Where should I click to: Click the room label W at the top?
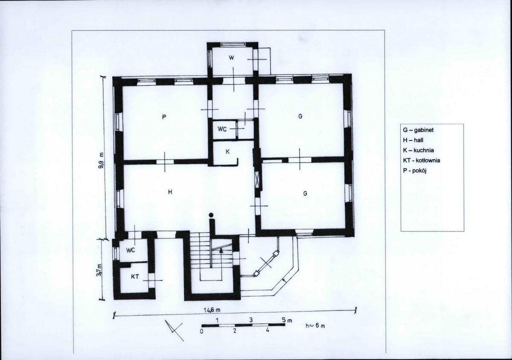coord(231,58)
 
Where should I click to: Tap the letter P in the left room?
coord(164,117)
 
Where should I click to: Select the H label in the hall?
coord(170,192)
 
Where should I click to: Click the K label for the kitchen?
coord(227,152)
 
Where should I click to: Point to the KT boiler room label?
coord(135,277)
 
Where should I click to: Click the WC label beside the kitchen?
coord(222,129)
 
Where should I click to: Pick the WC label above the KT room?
coord(131,250)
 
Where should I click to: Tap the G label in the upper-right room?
coord(300,117)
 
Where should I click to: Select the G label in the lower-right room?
coord(305,194)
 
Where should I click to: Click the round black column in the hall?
coord(211,215)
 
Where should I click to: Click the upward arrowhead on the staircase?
coord(221,250)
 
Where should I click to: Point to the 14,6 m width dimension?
coord(212,310)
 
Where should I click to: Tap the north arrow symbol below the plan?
coord(174,331)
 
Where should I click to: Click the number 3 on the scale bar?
coord(251,320)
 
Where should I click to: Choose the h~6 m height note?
coord(315,326)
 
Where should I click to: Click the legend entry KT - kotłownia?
coord(422,160)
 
